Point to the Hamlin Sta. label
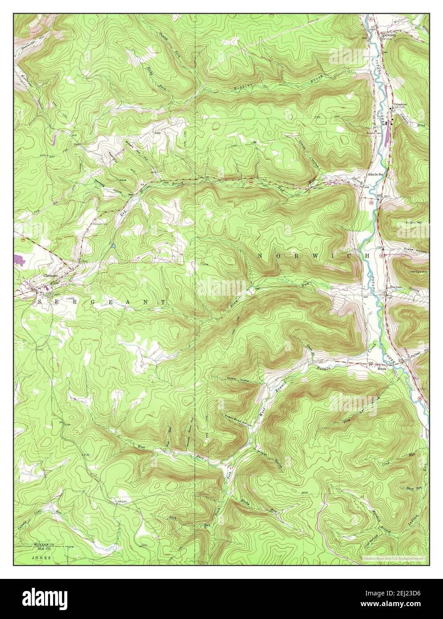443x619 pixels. pyautogui.click(x=375, y=174)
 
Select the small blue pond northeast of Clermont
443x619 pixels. pyautogui.click(x=114, y=245)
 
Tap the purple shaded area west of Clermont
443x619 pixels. pyautogui.click(x=20, y=258)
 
